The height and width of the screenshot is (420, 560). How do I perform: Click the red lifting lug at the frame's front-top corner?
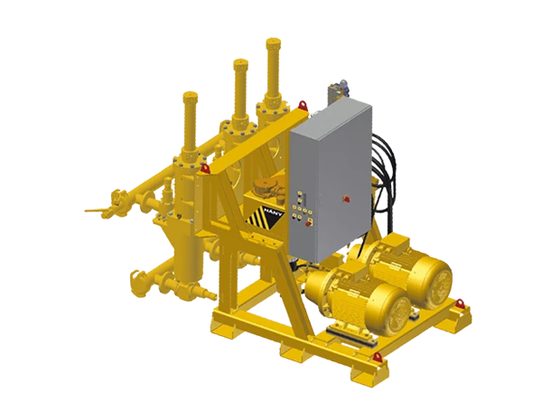pos(207,167)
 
